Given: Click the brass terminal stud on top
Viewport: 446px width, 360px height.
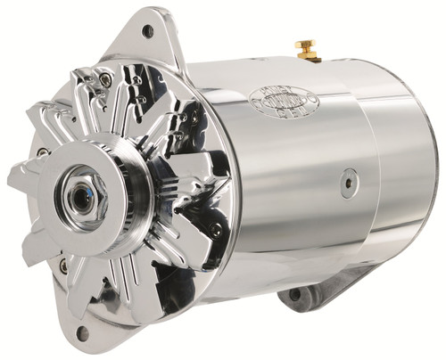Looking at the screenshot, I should (x=310, y=50).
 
